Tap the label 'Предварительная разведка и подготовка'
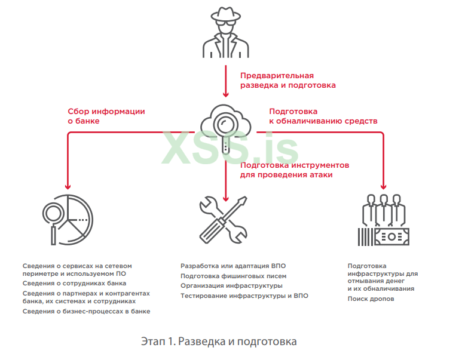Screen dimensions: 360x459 (x=287, y=81)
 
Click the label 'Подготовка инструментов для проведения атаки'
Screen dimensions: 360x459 (x=294, y=170)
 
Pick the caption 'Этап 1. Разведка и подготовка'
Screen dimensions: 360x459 (x=219, y=341)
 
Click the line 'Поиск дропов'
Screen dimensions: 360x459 (x=371, y=299)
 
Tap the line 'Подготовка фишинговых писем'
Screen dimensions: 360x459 (x=233, y=276)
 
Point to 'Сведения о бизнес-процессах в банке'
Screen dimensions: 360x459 (x=86, y=311)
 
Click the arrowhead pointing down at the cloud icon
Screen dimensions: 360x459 (x=226, y=94)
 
